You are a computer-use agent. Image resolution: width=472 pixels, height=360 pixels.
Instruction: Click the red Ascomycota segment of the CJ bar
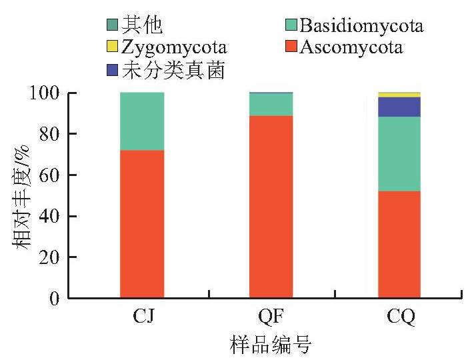[x=142, y=224]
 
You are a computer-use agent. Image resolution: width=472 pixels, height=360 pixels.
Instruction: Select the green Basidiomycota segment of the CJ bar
[x=142, y=121]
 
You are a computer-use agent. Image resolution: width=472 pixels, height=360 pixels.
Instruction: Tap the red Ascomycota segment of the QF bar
[x=271, y=207]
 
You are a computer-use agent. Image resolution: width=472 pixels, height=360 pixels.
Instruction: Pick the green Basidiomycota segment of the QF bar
[x=271, y=105]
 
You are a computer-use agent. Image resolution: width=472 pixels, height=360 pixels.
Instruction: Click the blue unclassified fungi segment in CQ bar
[x=399, y=107]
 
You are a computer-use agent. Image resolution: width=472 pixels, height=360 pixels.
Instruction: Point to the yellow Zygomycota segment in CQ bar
[x=399, y=95]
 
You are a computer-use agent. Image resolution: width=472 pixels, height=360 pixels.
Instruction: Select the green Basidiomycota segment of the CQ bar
[x=399, y=154]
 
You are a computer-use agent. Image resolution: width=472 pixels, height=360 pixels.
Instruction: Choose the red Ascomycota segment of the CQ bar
[x=399, y=245]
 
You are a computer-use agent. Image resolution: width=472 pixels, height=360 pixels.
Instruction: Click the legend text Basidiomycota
[x=361, y=25]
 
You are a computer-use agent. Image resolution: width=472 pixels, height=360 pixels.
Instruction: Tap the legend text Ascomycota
[x=351, y=47]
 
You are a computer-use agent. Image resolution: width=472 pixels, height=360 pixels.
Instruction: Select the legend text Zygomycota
[x=174, y=48]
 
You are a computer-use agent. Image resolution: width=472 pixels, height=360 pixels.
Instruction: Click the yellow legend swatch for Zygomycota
[x=112, y=47]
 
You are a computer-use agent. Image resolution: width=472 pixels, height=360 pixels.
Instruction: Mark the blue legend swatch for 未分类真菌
[x=112, y=70]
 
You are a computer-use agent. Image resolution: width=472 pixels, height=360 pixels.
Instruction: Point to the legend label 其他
[x=142, y=25]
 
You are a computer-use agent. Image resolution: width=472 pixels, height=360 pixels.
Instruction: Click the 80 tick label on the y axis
[x=49, y=134]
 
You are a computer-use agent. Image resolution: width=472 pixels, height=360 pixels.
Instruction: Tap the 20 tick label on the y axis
[x=49, y=257]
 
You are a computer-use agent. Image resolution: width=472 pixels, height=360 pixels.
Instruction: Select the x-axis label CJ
[x=143, y=316]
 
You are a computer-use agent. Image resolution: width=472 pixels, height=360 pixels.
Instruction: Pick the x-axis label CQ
[x=401, y=317]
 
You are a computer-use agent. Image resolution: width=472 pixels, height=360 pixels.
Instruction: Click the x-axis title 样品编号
[x=271, y=345]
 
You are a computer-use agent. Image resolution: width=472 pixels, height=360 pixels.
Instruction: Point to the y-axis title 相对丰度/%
[x=21, y=197]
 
